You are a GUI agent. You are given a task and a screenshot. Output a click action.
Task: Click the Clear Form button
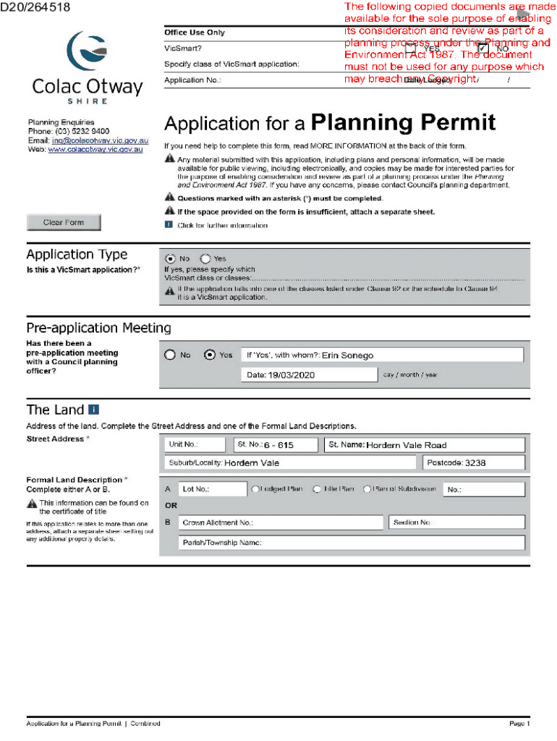[64, 223]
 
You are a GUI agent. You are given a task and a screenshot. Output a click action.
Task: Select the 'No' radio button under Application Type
[170, 258]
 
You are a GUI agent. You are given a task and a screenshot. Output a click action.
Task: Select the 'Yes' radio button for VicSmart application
[205, 258]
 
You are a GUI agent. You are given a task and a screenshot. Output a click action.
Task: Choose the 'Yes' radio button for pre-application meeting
[210, 355]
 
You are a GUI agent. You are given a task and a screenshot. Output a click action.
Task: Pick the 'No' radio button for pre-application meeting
[170, 355]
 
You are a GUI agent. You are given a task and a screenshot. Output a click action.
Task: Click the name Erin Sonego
[347, 355]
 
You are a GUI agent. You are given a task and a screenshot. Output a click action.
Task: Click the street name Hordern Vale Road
[406, 445]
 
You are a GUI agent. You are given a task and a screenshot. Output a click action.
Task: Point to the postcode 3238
[475, 462]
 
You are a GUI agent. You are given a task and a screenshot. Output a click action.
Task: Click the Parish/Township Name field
[351, 543]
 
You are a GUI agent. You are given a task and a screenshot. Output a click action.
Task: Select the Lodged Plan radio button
[255, 489]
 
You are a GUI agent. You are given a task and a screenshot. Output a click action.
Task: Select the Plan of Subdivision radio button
[367, 489]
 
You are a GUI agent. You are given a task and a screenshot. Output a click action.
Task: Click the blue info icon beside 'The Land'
[93, 410]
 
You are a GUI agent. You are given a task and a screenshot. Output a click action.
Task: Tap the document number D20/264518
[35, 7]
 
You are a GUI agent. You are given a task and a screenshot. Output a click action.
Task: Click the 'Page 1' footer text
[519, 724]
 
